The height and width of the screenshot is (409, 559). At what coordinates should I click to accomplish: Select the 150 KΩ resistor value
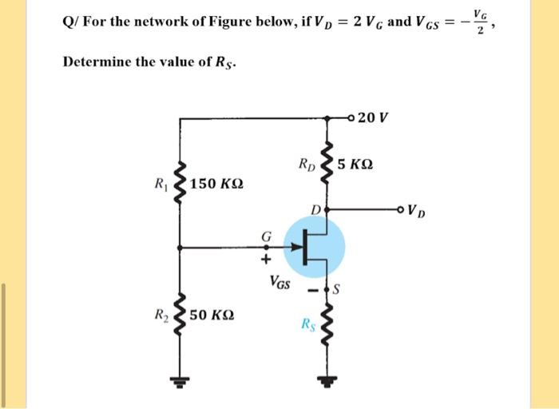[217, 184]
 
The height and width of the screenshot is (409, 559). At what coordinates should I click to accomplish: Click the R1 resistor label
[161, 183]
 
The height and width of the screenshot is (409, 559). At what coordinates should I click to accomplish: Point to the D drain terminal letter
[316, 209]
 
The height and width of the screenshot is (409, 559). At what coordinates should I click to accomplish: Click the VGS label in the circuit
[279, 280]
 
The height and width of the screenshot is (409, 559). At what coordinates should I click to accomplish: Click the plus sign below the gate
[266, 259]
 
